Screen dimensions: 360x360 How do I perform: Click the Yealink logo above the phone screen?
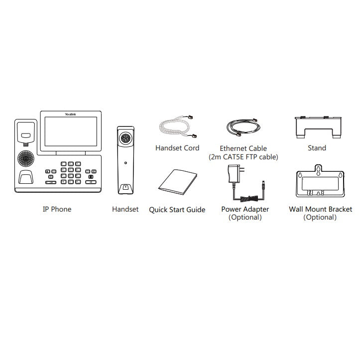70,114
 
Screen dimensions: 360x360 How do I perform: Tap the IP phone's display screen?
71,131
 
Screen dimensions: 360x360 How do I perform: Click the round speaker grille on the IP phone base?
26,158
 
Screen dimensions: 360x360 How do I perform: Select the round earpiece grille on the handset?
125,138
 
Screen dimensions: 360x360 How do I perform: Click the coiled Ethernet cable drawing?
243,127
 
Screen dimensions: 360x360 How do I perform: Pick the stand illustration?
318,127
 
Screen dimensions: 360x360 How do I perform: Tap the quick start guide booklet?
178,182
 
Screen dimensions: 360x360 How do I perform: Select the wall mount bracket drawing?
320,181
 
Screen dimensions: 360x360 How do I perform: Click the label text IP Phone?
57,209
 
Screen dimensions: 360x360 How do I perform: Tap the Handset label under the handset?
125,209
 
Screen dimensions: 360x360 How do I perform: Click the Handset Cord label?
177,148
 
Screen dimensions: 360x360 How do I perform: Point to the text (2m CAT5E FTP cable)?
243,157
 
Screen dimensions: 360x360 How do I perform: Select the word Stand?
317,148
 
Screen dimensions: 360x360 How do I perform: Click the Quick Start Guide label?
177,210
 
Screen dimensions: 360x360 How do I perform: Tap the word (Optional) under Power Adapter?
245,217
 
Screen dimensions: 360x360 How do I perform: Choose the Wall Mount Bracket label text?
320,209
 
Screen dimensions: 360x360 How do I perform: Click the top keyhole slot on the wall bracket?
318,170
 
